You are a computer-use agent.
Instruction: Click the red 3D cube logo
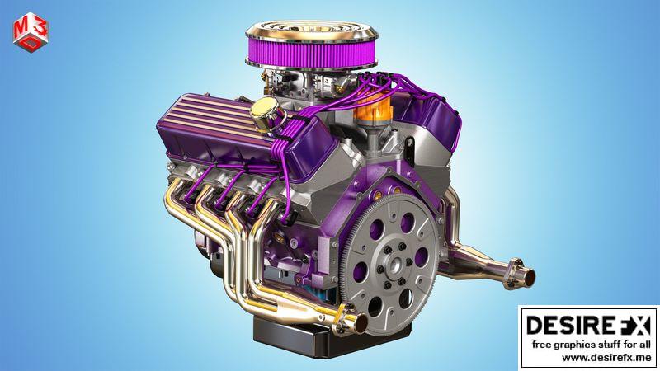tap(31, 32)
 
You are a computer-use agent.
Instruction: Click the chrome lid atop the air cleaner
tap(312, 30)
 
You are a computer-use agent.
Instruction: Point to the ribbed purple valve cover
tap(219, 125)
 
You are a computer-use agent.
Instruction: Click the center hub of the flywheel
tap(395, 265)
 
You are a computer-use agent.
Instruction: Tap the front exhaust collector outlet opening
tap(361, 323)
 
